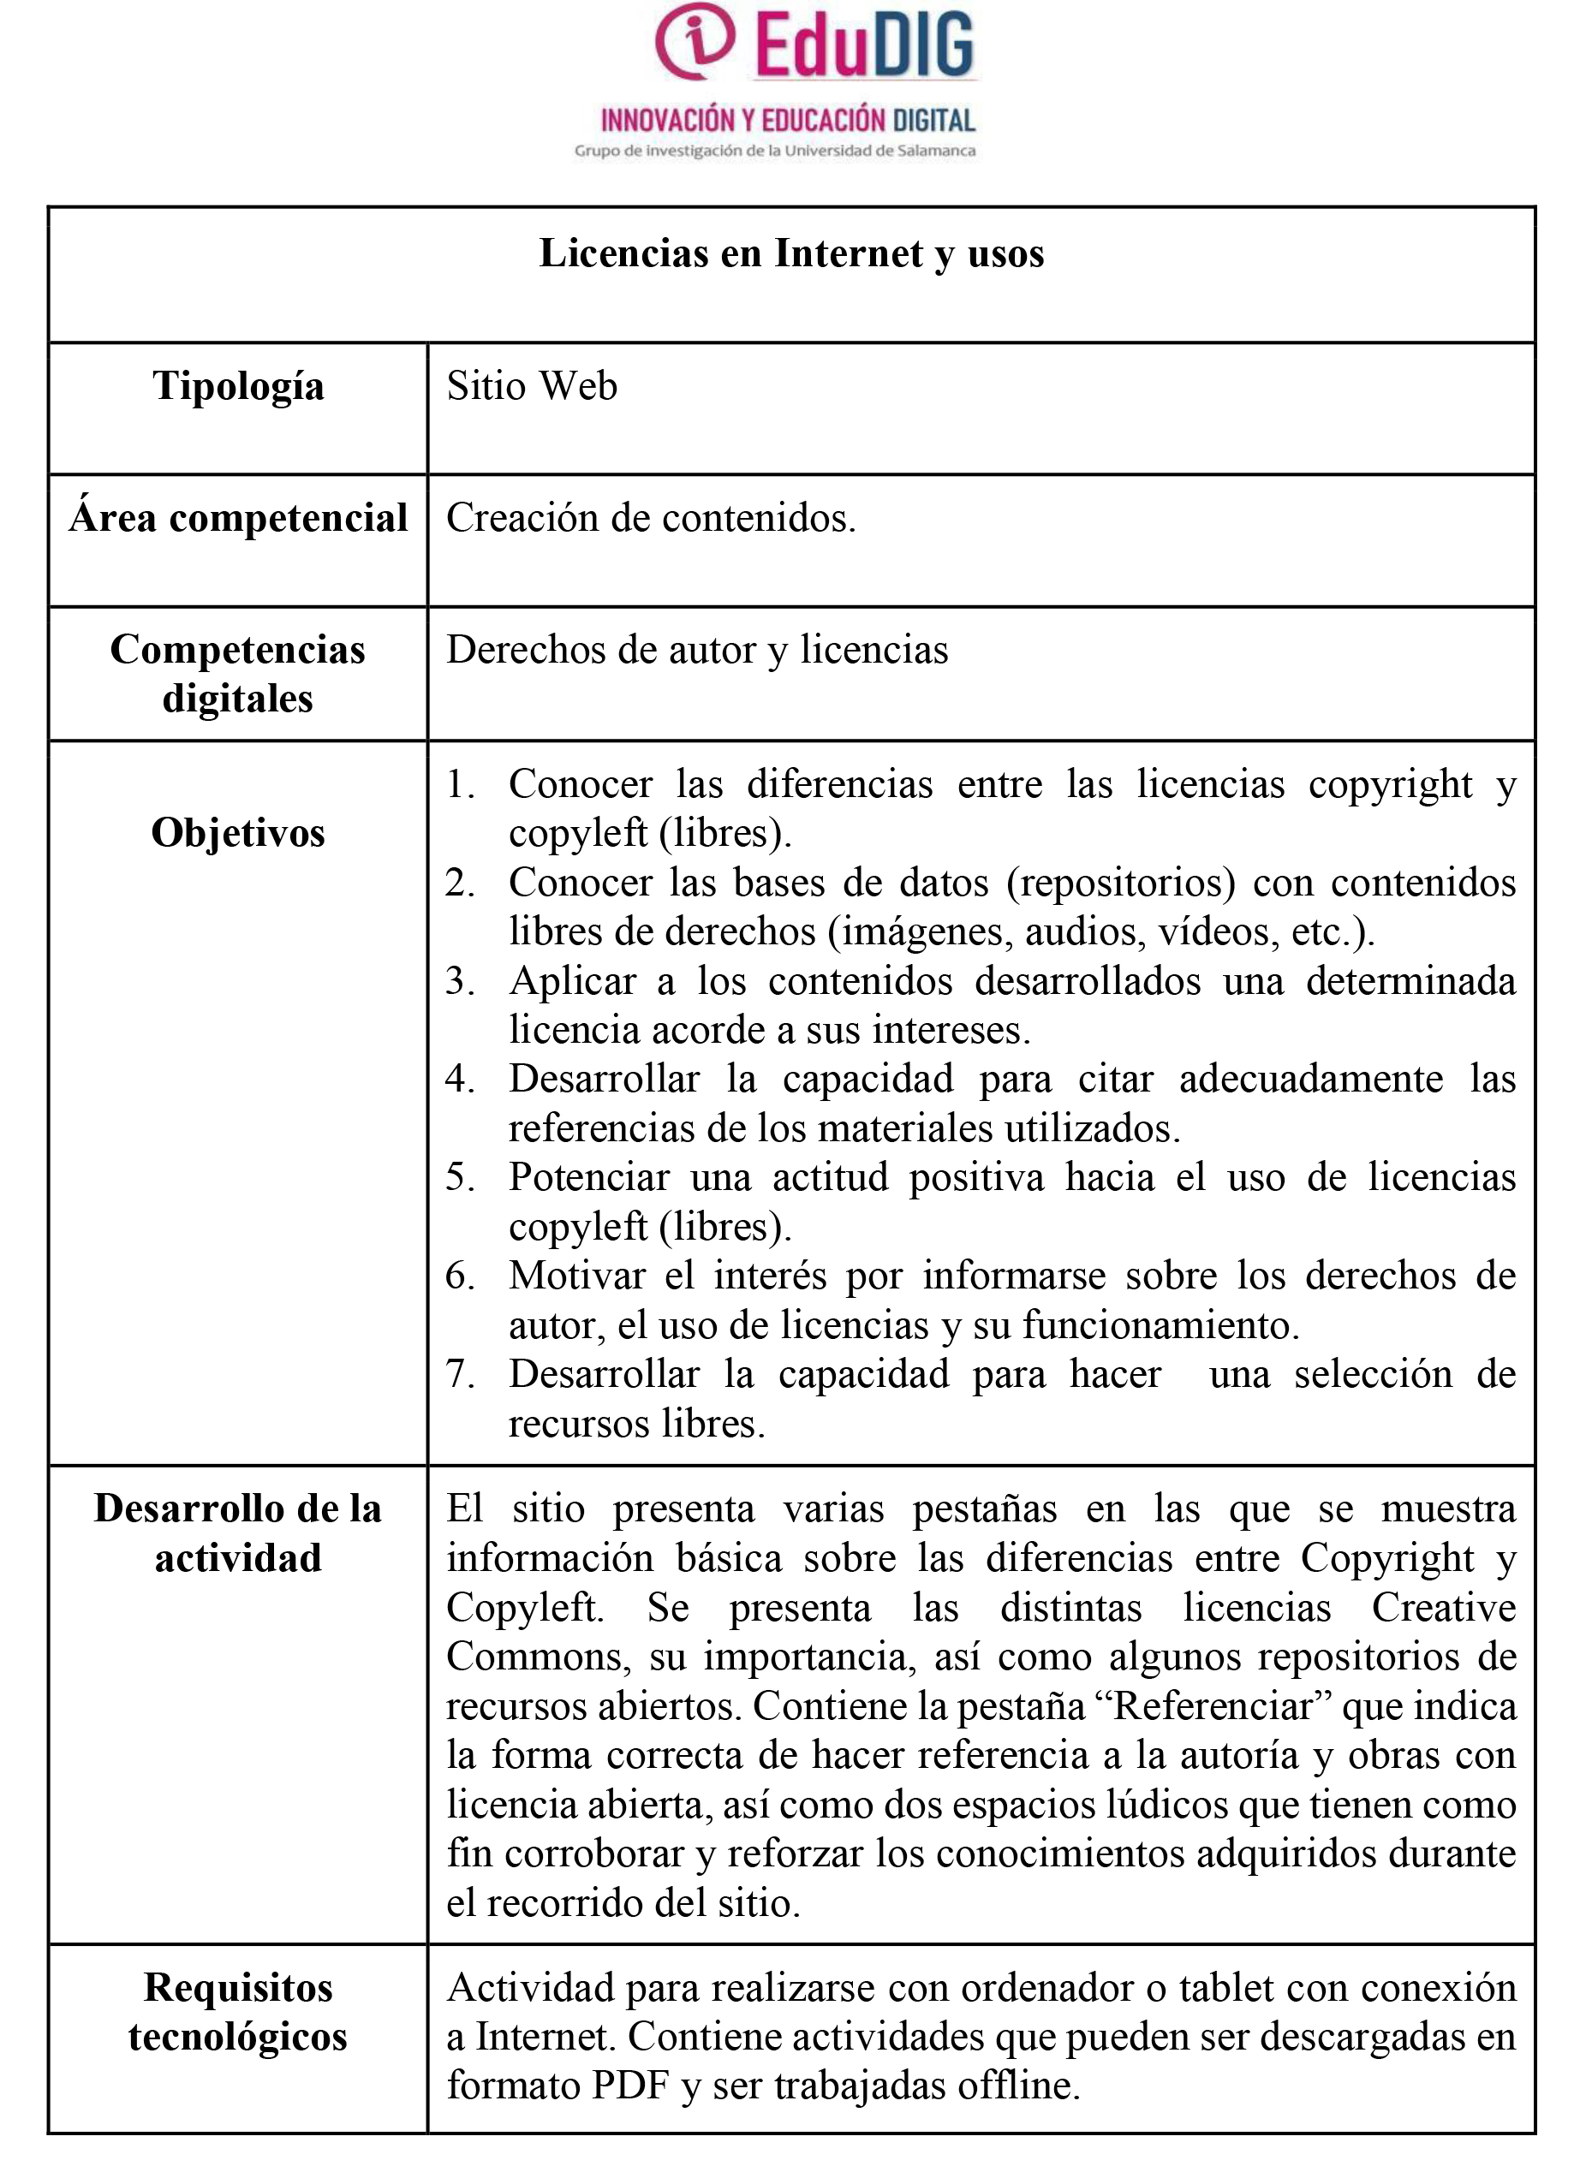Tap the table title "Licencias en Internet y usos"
pyautogui.click(x=791, y=253)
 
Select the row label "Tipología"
pyautogui.click(x=238, y=386)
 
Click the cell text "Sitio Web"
pyautogui.click(x=531, y=386)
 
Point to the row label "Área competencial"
pyautogui.click(x=238, y=518)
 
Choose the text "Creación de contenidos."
pyautogui.click(x=651, y=518)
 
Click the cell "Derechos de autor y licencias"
pyautogui.click(x=697, y=650)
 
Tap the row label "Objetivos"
pyautogui.click(x=238, y=832)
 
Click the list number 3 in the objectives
pyautogui.click(x=459, y=980)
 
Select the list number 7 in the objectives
pyautogui.click(x=459, y=1373)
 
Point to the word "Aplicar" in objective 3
pyautogui.click(x=572, y=980)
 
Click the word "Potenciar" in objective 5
pyautogui.click(x=589, y=1177)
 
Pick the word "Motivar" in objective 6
pyautogui.click(x=576, y=1276)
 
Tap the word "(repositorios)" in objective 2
pyautogui.click(x=1121, y=883)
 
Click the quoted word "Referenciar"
pyautogui.click(x=1213, y=1706)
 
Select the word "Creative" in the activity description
pyautogui.click(x=1444, y=1608)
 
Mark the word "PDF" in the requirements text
pyautogui.click(x=630, y=2086)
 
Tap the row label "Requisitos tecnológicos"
pyautogui.click(x=238, y=2012)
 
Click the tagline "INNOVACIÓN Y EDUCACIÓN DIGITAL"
pyautogui.click(x=787, y=121)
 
